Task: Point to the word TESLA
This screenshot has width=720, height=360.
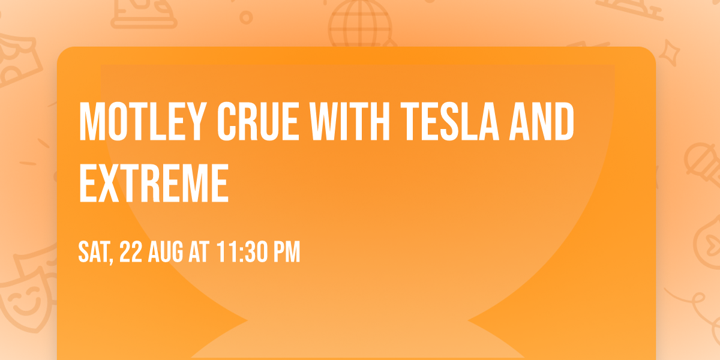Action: (448, 122)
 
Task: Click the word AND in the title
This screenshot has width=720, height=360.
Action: (541, 122)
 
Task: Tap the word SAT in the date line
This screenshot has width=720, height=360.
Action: (95, 253)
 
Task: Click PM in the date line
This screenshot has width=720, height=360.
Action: (286, 253)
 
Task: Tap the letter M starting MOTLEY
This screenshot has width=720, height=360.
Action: (89, 122)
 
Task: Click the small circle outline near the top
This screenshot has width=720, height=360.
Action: (245, 18)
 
